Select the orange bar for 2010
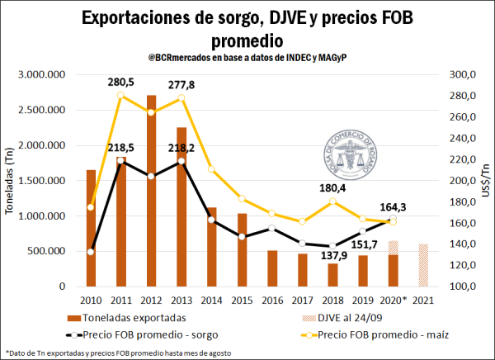91,228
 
